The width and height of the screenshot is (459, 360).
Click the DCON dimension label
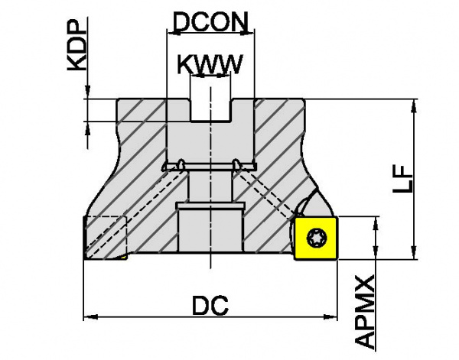211,21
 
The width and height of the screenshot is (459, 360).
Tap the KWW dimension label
210,64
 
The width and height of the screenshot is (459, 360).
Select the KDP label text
77,45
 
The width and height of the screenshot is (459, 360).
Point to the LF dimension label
403,179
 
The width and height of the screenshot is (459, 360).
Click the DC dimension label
210,305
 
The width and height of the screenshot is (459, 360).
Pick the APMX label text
364,312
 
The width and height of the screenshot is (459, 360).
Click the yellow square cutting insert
316,238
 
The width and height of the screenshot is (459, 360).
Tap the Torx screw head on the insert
317,238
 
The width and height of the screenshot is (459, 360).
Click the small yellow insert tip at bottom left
123,257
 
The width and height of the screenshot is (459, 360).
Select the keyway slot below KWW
211,109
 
